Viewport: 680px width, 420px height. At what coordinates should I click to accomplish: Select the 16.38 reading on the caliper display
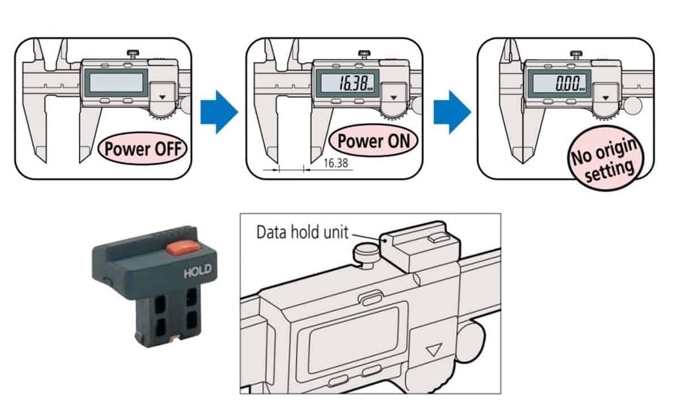(350, 84)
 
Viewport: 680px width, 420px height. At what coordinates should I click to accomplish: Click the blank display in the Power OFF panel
(116, 83)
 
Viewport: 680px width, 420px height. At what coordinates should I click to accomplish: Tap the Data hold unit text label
(302, 233)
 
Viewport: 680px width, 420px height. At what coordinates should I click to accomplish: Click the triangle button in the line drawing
(435, 350)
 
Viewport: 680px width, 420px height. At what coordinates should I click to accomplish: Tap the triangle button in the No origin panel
(607, 97)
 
